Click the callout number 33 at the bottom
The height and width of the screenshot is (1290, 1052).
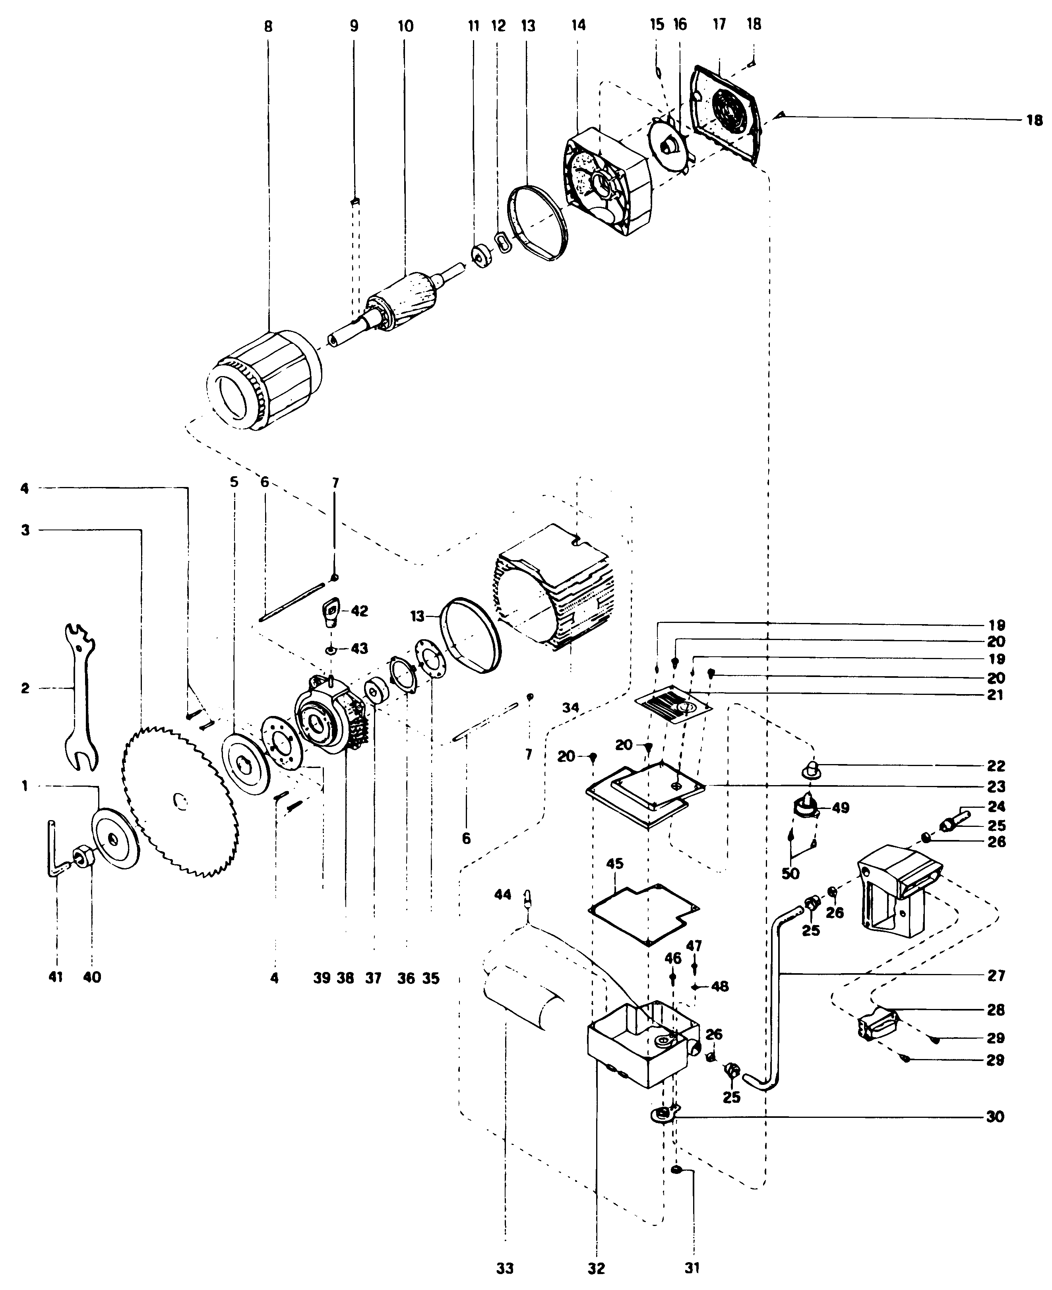click(505, 1268)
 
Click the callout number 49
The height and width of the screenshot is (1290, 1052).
click(841, 808)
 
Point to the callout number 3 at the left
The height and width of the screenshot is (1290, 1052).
click(25, 530)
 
